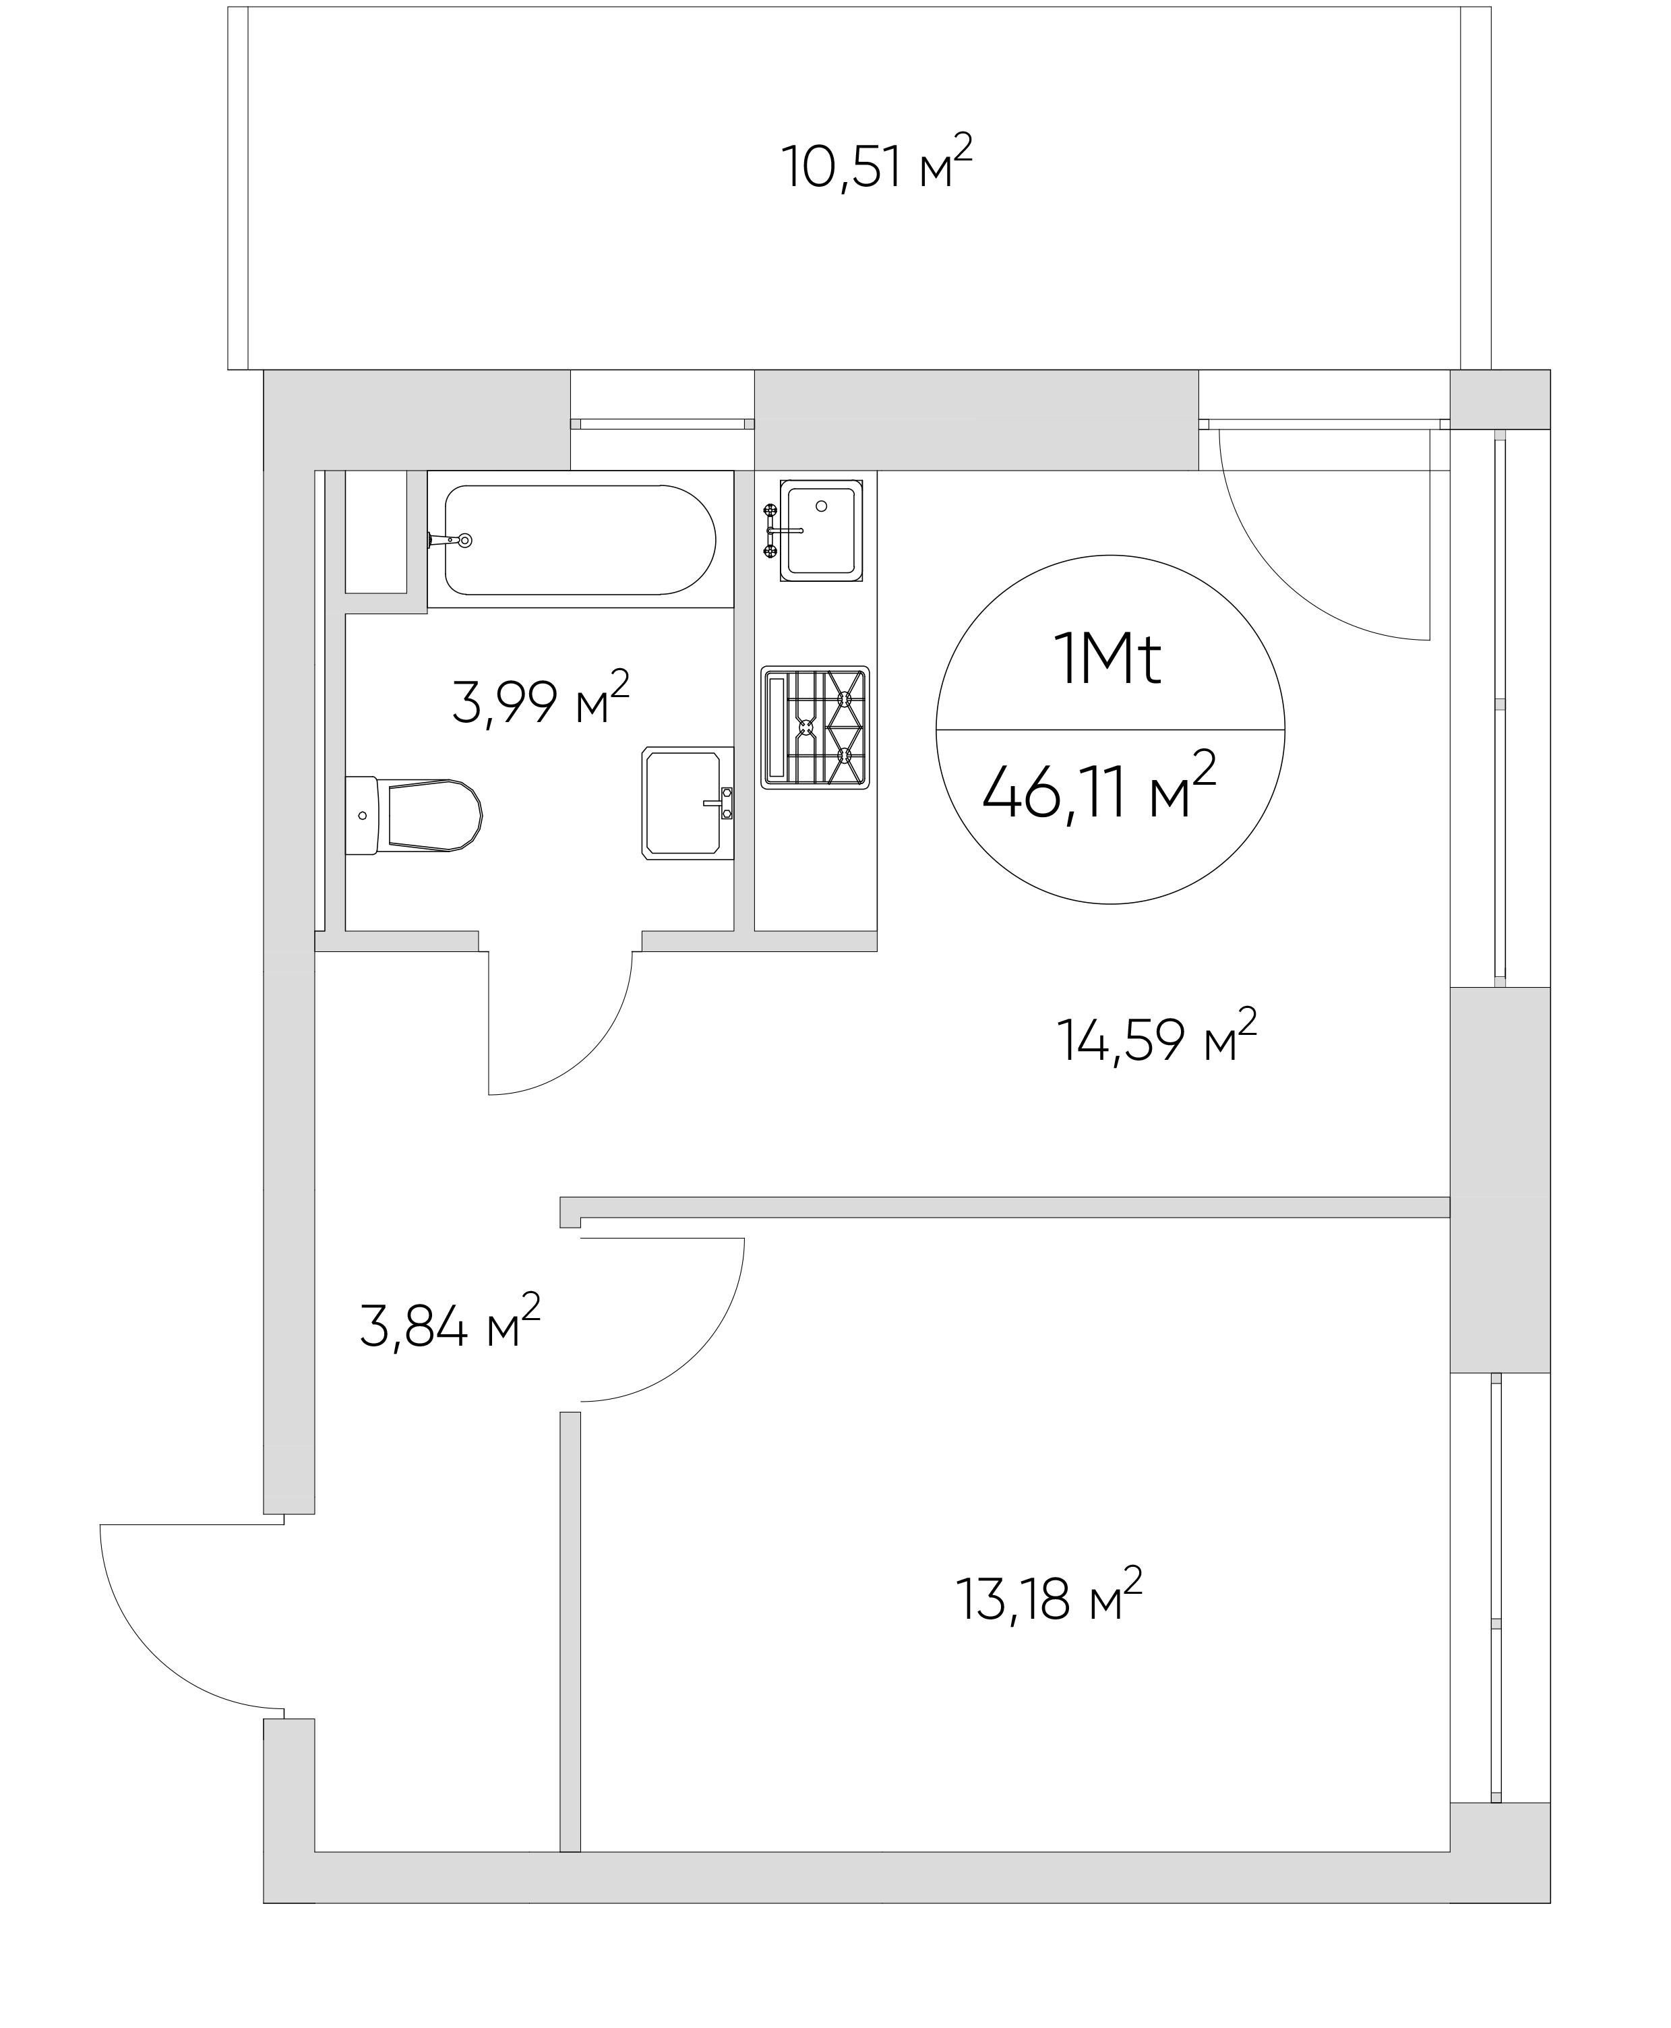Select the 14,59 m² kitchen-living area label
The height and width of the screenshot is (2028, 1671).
1156,1038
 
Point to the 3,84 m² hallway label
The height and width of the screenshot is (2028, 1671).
448,1325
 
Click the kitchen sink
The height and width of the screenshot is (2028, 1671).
820,531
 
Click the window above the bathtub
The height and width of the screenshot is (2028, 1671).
661,423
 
